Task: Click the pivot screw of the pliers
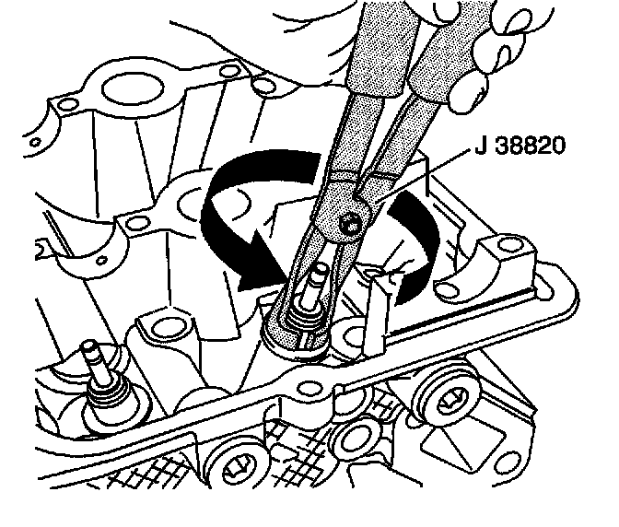[x=348, y=223]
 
